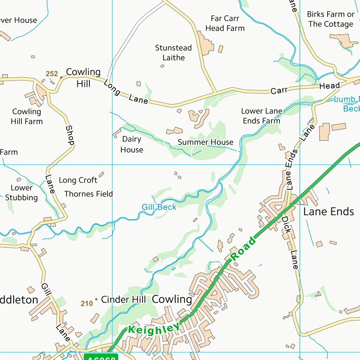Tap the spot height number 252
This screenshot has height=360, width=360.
[52, 74]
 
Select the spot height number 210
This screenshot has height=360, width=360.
[87, 304]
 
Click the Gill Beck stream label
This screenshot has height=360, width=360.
[159, 207]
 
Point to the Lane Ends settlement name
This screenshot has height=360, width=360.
[329, 211]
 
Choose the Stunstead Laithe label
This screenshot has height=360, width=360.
[173, 52]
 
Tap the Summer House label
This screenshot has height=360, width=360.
[205, 142]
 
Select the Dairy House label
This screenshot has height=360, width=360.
[132, 144]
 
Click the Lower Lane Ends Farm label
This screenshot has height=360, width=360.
[261, 116]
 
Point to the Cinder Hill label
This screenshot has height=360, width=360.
[123, 299]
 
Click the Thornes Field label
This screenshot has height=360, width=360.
[89, 194]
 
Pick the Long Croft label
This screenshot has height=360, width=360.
[78, 180]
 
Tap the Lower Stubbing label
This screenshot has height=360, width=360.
[22, 193]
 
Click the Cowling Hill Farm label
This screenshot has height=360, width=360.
[27, 116]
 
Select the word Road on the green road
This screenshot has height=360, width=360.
[243, 249]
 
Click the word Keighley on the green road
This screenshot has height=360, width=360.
[154, 326]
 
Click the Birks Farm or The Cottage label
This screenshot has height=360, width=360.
[330, 19]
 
